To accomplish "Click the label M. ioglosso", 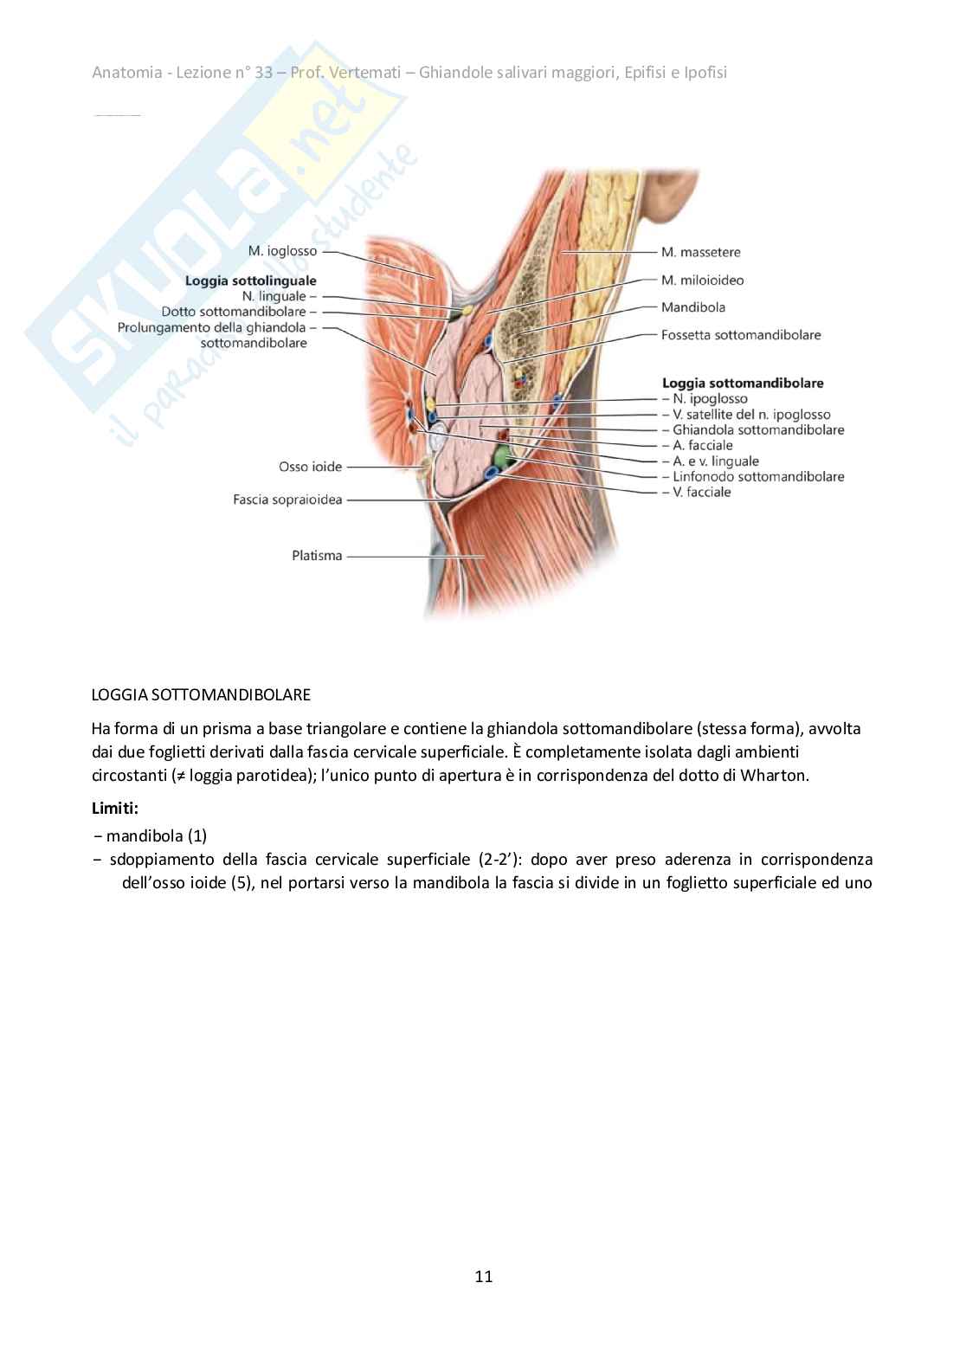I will point(282,251).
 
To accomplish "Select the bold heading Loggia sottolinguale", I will point(250,280).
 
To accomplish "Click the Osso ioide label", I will point(310,467).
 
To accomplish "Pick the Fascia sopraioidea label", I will point(287,500).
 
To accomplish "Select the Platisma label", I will point(317,556).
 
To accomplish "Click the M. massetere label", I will point(700,252).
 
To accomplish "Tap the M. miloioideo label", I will point(702,280).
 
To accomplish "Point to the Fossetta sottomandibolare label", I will point(740,334).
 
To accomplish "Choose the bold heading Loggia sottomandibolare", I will point(742,382).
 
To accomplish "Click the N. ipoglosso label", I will point(710,399).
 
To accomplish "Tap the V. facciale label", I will point(702,492).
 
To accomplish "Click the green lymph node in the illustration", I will point(502,454).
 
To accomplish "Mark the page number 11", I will point(483,1277).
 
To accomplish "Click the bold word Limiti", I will point(114,808).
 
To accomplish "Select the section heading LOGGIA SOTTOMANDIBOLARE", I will point(201,694).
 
